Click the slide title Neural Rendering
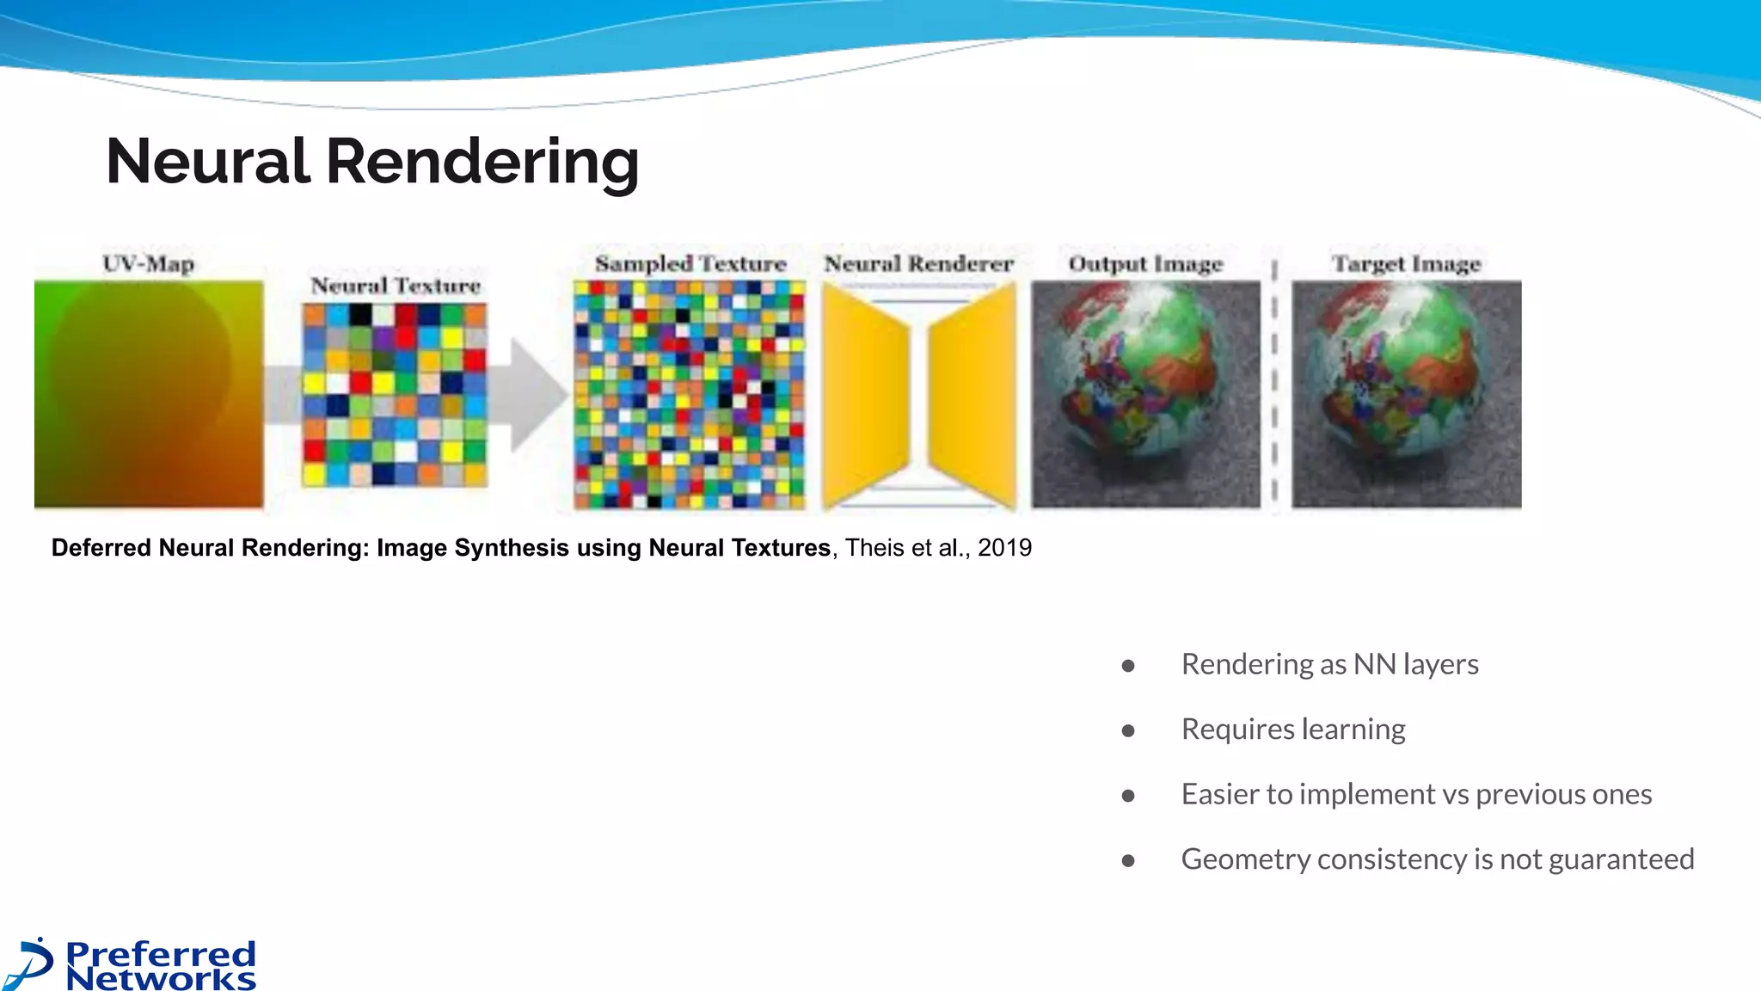pyautogui.click(x=372, y=162)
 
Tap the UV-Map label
pyautogui.click(x=149, y=263)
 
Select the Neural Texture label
pyautogui.click(x=396, y=286)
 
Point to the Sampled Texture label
pyautogui.click(x=690, y=263)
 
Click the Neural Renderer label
pyautogui.click(x=919, y=263)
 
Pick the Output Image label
pyautogui.click(x=1145, y=263)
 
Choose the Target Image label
pyautogui.click(x=1407, y=263)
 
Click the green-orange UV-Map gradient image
pyautogui.click(x=149, y=394)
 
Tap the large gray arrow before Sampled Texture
pyautogui.click(x=537, y=394)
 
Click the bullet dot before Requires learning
pyautogui.click(x=1128, y=731)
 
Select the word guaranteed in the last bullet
pyautogui.click(x=1621, y=859)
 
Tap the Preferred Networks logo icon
pyautogui.click(x=31, y=963)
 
